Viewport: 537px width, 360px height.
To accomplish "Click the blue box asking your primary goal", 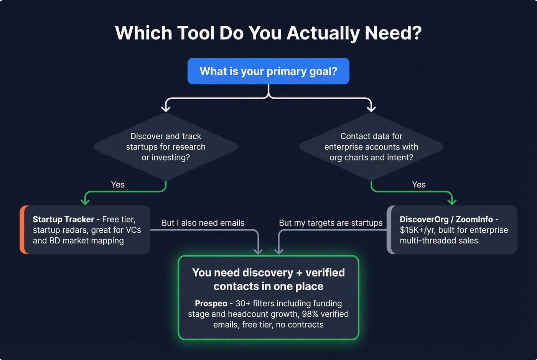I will coord(268,71).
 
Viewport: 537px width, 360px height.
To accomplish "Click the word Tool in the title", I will coord(196,33).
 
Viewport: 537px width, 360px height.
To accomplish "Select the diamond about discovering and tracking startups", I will coord(166,147).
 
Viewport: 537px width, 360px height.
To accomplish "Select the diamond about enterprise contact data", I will coord(371,147).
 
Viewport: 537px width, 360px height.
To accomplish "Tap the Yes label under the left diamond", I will coord(118,184).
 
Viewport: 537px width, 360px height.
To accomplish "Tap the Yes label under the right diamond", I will coord(418,184).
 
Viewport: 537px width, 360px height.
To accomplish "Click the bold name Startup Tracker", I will coord(63,219).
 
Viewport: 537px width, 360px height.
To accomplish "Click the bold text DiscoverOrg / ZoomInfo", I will coord(446,219).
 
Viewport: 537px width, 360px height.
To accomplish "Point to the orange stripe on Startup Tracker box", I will coord(23,230).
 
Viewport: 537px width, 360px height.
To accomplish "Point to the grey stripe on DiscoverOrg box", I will coord(389,230).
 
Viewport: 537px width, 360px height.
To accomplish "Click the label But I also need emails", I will coord(203,223).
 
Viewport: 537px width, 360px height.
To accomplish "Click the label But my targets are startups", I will coord(331,223).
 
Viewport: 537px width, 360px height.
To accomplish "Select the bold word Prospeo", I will coord(211,303).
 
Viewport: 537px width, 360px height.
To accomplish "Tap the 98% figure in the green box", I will coord(310,314).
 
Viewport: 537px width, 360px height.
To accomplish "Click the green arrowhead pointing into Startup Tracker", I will coord(85,201).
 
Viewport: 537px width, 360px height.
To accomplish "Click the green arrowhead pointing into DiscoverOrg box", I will coord(452,201).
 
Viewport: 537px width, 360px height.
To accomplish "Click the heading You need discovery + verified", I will coord(268,273).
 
